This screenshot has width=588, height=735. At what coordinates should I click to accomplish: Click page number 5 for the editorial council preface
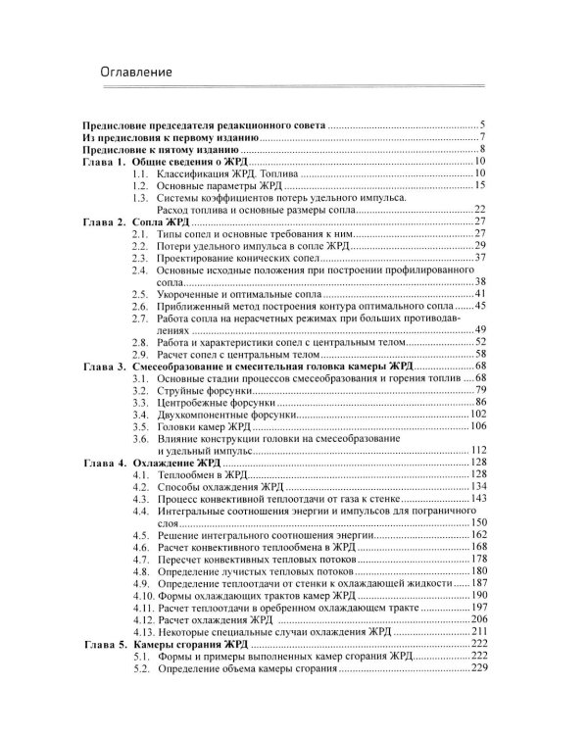(483, 125)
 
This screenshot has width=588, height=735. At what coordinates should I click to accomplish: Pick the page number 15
(480, 184)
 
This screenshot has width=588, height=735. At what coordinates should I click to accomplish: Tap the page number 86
(480, 402)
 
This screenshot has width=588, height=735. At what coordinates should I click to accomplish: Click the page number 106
(478, 426)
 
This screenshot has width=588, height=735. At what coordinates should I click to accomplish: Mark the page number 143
(478, 498)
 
